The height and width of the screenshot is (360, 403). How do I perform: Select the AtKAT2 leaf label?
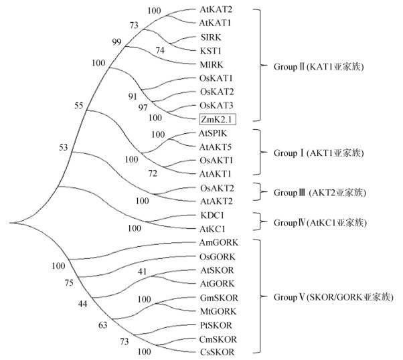tap(216, 11)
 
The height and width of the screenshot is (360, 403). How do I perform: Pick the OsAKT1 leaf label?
tap(216, 161)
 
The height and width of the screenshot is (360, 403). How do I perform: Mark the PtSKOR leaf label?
tap(216, 325)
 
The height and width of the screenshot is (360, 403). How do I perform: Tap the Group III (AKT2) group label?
tap(314, 192)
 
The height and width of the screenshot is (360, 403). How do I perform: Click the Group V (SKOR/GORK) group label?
tap(332, 296)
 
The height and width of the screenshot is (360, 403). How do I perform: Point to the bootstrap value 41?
tap(141, 272)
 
